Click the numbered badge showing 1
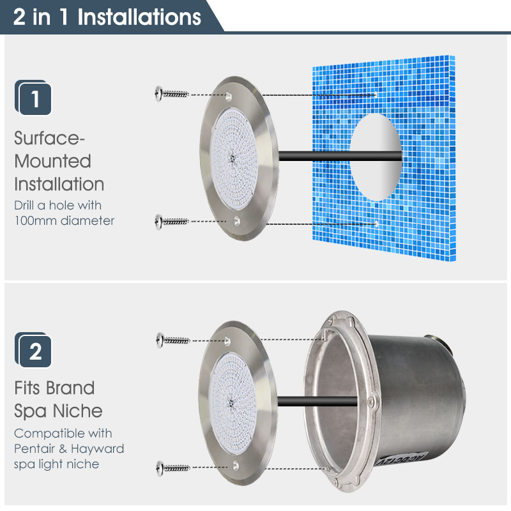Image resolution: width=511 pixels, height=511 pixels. tap(33, 98)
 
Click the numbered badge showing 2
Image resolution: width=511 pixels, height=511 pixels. tap(33, 350)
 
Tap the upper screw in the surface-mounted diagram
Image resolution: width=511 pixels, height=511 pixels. tap(172, 94)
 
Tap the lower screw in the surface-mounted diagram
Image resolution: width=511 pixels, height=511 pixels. tap(172, 222)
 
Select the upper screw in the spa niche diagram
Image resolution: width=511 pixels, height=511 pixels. tap(172, 340)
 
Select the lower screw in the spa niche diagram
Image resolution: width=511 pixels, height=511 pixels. tap(172, 468)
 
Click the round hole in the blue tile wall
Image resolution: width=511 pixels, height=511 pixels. tap(376, 156)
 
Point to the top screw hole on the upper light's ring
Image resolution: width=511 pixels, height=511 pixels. tap(229, 96)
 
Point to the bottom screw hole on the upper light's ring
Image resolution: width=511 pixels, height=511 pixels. tap(237, 221)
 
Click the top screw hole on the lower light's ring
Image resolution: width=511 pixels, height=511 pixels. tap(227, 341)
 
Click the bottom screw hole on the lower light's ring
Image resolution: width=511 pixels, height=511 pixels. tap(235, 466)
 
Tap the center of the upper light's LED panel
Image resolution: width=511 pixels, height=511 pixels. tap(232, 158)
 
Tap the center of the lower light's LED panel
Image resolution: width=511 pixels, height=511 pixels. tap(231, 404)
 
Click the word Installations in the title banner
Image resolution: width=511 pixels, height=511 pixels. tap(139, 17)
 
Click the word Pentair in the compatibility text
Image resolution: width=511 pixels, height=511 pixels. tap(34, 449)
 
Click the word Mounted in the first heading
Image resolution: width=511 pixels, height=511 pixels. tap(53, 161)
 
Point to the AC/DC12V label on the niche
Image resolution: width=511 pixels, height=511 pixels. tap(402, 459)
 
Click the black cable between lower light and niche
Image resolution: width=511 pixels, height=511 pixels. tap(317, 401)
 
